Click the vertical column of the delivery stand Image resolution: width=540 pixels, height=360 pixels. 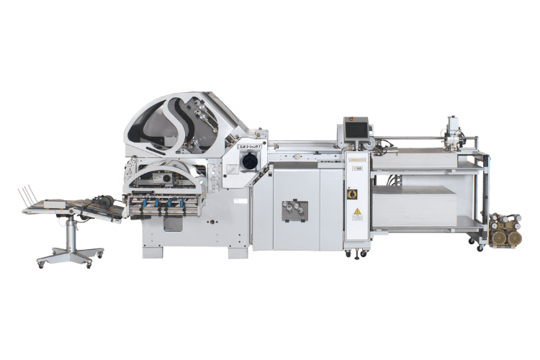coord(70,230)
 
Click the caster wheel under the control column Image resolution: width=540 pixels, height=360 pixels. coord(354,253)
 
